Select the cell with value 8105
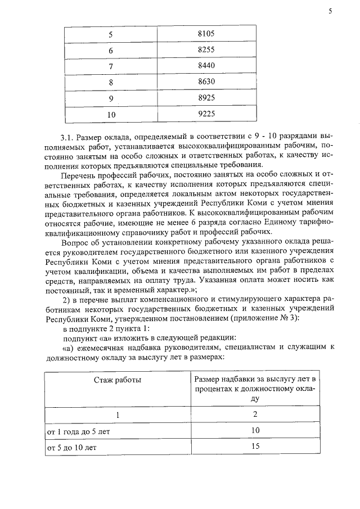(x=206, y=34)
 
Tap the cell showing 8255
(x=206, y=50)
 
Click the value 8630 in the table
(x=206, y=82)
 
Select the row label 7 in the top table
(x=111, y=66)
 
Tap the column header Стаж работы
(x=118, y=380)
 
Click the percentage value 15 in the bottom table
(x=255, y=447)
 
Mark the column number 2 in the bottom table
(x=255, y=415)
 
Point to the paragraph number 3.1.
(x=67, y=137)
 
